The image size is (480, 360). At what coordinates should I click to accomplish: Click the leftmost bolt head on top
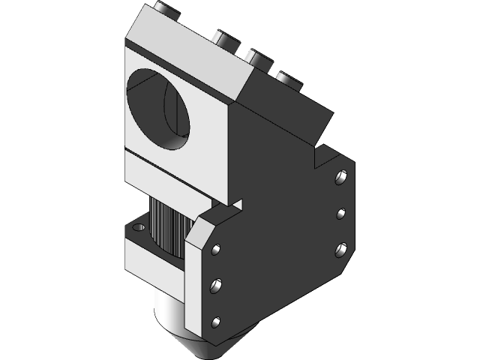(x=166, y=9)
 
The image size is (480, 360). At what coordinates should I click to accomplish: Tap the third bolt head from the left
(x=256, y=58)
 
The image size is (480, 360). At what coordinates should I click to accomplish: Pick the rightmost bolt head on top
(x=287, y=78)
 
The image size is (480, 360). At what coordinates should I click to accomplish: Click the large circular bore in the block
(x=163, y=109)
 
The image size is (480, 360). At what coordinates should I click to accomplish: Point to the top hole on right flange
(x=340, y=178)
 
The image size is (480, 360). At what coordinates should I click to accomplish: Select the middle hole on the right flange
(x=341, y=214)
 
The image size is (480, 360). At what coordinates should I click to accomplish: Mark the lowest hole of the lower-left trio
(x=216, y=322)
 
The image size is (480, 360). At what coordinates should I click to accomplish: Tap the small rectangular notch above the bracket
(x=237, y=203)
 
